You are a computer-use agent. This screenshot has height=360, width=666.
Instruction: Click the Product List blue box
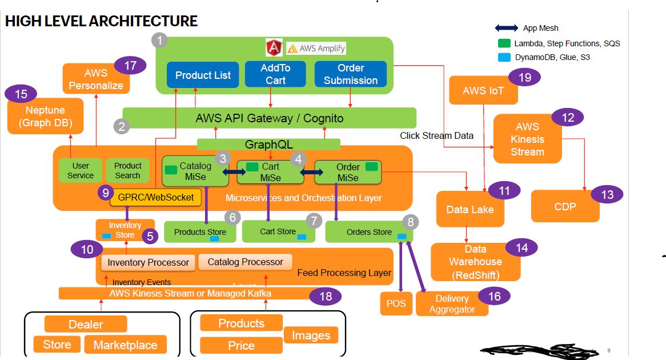pos(203,75)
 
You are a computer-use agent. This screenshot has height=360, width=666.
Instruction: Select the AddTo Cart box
pos(275,74)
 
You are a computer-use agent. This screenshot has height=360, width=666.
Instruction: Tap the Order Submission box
pos(350,74)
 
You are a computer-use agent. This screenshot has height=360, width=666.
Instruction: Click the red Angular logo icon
pos(274,47)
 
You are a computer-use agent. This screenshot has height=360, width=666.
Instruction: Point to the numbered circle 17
pos(130,66)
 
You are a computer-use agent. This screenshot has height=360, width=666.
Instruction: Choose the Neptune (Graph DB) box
pos(45,116)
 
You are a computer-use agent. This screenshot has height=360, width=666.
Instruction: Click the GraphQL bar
pos(268,145)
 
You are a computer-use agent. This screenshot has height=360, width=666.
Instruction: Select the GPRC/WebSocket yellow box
pos(155,198)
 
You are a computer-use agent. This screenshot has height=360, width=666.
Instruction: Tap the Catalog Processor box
pos(245,262)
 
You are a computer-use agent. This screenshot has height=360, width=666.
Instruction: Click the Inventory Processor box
pos(148,263)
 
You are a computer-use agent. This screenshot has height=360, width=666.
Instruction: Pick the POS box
pos(396,303)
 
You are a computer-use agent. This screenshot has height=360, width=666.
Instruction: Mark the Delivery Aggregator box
pos(452,303)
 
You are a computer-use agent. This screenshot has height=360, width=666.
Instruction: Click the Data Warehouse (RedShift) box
pos(475,262)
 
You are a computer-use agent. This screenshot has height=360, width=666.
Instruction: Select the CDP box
pos(565,206)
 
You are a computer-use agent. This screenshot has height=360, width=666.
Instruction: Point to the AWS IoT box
pos(483,90)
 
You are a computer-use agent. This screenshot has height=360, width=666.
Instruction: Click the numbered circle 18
pos(325,296)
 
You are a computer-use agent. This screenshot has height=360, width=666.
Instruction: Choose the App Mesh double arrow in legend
pos(505,28)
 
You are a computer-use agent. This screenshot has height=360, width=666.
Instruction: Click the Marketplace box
pos(125,345)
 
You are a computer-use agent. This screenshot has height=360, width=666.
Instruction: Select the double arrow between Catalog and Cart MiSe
pos(233,171)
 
